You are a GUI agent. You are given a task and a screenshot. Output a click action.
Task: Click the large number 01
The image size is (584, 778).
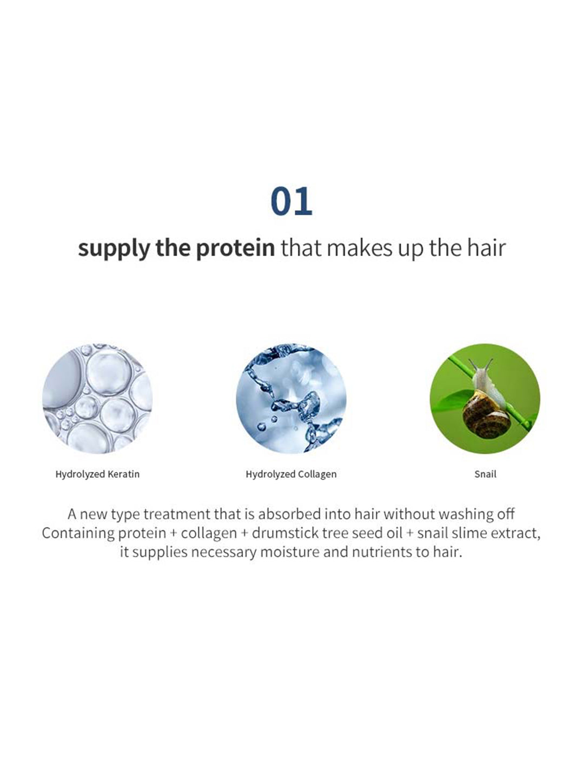pos(291,202)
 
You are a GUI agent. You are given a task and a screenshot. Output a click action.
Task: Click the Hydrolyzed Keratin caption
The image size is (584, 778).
pos(97,474)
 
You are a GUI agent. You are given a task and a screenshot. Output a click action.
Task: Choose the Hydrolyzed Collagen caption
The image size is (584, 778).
pos(291,474)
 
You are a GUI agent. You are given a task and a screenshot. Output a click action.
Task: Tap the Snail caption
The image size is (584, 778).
pos(485,474)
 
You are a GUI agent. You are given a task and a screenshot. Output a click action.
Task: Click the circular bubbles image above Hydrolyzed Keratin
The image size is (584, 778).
pos(97,399)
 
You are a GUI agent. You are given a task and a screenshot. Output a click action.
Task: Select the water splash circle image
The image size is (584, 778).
pos(291,399)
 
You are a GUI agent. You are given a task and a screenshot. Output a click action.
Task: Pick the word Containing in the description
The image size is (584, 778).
pos(77,533)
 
